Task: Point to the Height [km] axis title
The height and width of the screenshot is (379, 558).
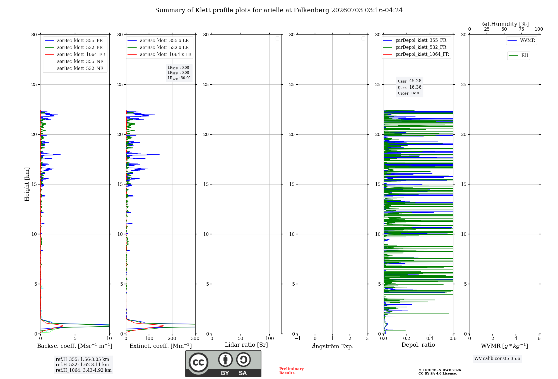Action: click(27, 184)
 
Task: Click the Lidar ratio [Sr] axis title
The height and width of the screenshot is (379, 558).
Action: click(246, 345)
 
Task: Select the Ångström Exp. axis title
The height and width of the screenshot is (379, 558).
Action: click(333, 346)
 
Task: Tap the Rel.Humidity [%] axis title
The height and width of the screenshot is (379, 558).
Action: click(504, 24)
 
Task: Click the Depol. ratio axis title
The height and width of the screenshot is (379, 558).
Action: click(418, 345)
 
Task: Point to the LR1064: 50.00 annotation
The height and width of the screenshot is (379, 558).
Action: click(179, 78)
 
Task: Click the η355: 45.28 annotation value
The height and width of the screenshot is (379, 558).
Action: click(410, 81)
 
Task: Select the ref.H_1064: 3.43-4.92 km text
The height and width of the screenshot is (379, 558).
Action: click(84, 370)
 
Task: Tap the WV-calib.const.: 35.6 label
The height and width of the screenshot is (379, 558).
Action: click(497, 358)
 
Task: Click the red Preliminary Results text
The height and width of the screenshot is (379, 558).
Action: click(292, 371)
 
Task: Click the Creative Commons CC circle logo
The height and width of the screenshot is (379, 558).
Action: click(198, 362)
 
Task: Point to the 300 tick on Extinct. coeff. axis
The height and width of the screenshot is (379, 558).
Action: click(195, 338)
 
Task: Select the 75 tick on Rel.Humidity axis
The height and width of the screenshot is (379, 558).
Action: click(521, 29)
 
